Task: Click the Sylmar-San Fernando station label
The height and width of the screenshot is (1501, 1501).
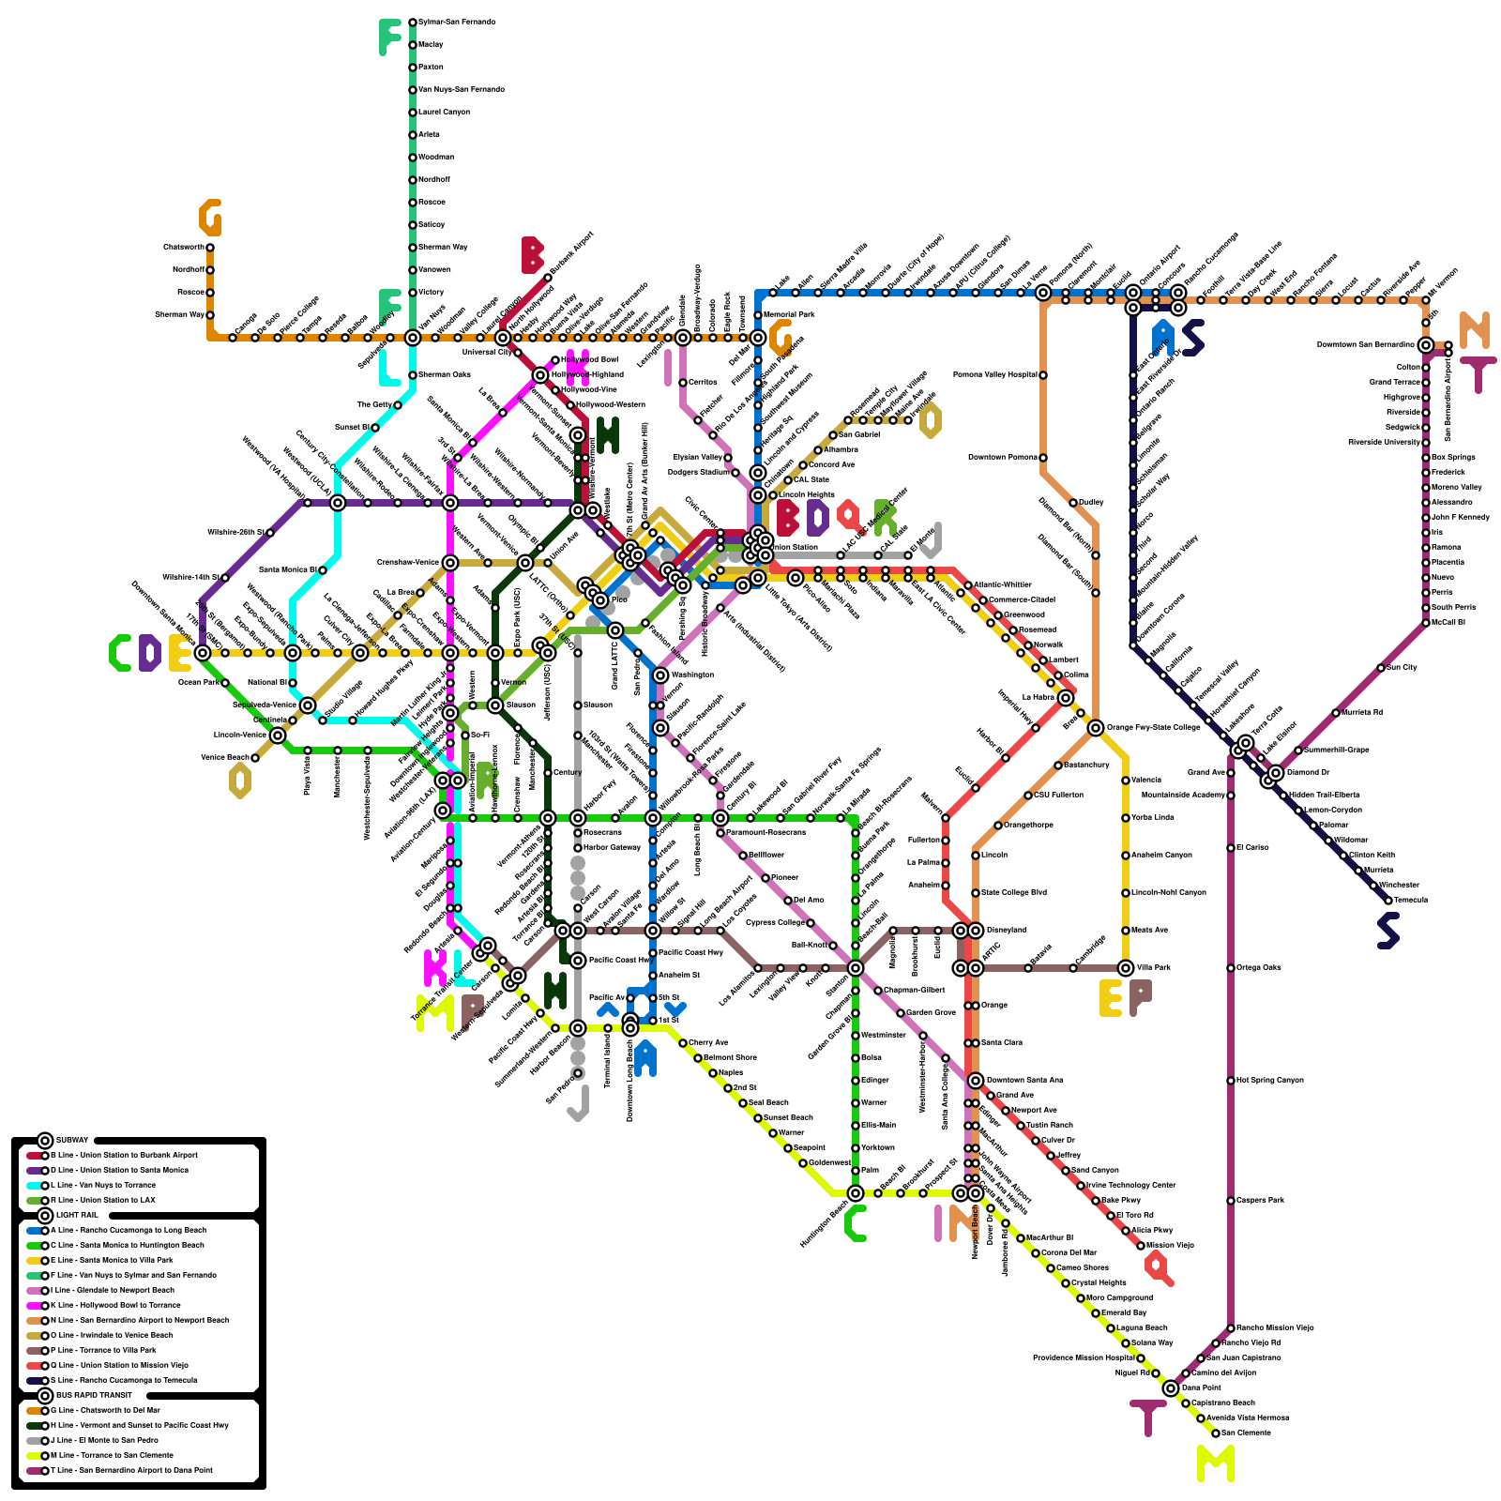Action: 457,22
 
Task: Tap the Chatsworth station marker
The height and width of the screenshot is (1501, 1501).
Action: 210,248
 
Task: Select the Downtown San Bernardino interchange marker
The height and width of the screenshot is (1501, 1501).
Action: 1426,345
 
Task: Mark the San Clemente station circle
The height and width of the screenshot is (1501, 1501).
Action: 1216,1433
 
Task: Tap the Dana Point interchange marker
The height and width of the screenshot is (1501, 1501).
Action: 1171,1388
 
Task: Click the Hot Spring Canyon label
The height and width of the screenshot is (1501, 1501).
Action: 1270,1080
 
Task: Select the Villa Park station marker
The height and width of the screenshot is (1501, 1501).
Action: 1126,968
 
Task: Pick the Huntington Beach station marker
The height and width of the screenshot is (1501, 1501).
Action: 856,1193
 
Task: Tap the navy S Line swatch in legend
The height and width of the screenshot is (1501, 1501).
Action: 34,1380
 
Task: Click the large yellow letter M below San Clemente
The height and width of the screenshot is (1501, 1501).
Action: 1216,1463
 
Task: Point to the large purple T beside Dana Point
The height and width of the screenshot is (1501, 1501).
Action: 1147,1418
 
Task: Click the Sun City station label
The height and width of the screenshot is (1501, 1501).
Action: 1403,667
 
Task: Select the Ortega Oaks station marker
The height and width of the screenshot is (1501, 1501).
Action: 1231,968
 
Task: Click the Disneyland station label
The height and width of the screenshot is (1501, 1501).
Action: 1006,930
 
